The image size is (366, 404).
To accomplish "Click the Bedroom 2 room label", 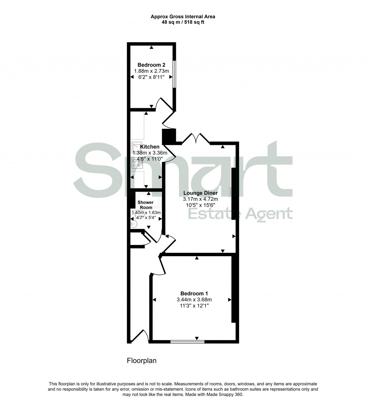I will [x=151, y=64].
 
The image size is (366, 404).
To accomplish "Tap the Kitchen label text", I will [x=150, y=147].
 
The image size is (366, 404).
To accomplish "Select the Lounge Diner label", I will [x=200, y=193].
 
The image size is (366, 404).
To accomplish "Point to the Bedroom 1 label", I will [x=194, y=293].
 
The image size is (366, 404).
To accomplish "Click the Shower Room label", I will [x=145, y=205].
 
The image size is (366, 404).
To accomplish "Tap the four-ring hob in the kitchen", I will [x=135, y=162].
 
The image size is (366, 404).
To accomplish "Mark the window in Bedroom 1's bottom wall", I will [x=187, y=341].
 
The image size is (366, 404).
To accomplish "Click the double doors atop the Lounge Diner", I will [x=196, y=138].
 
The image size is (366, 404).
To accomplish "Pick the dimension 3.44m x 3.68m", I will [x=194, y=299].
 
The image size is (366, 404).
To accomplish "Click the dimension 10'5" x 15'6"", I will [x=200, y=205].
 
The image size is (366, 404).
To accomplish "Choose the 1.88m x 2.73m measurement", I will [x=151, y=71].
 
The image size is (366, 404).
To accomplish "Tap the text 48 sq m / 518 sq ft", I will [x=183, y=22].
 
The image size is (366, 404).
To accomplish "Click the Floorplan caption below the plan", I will [x=142, y=361].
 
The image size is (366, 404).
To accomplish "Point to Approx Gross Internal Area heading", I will [x=183, y=16].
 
